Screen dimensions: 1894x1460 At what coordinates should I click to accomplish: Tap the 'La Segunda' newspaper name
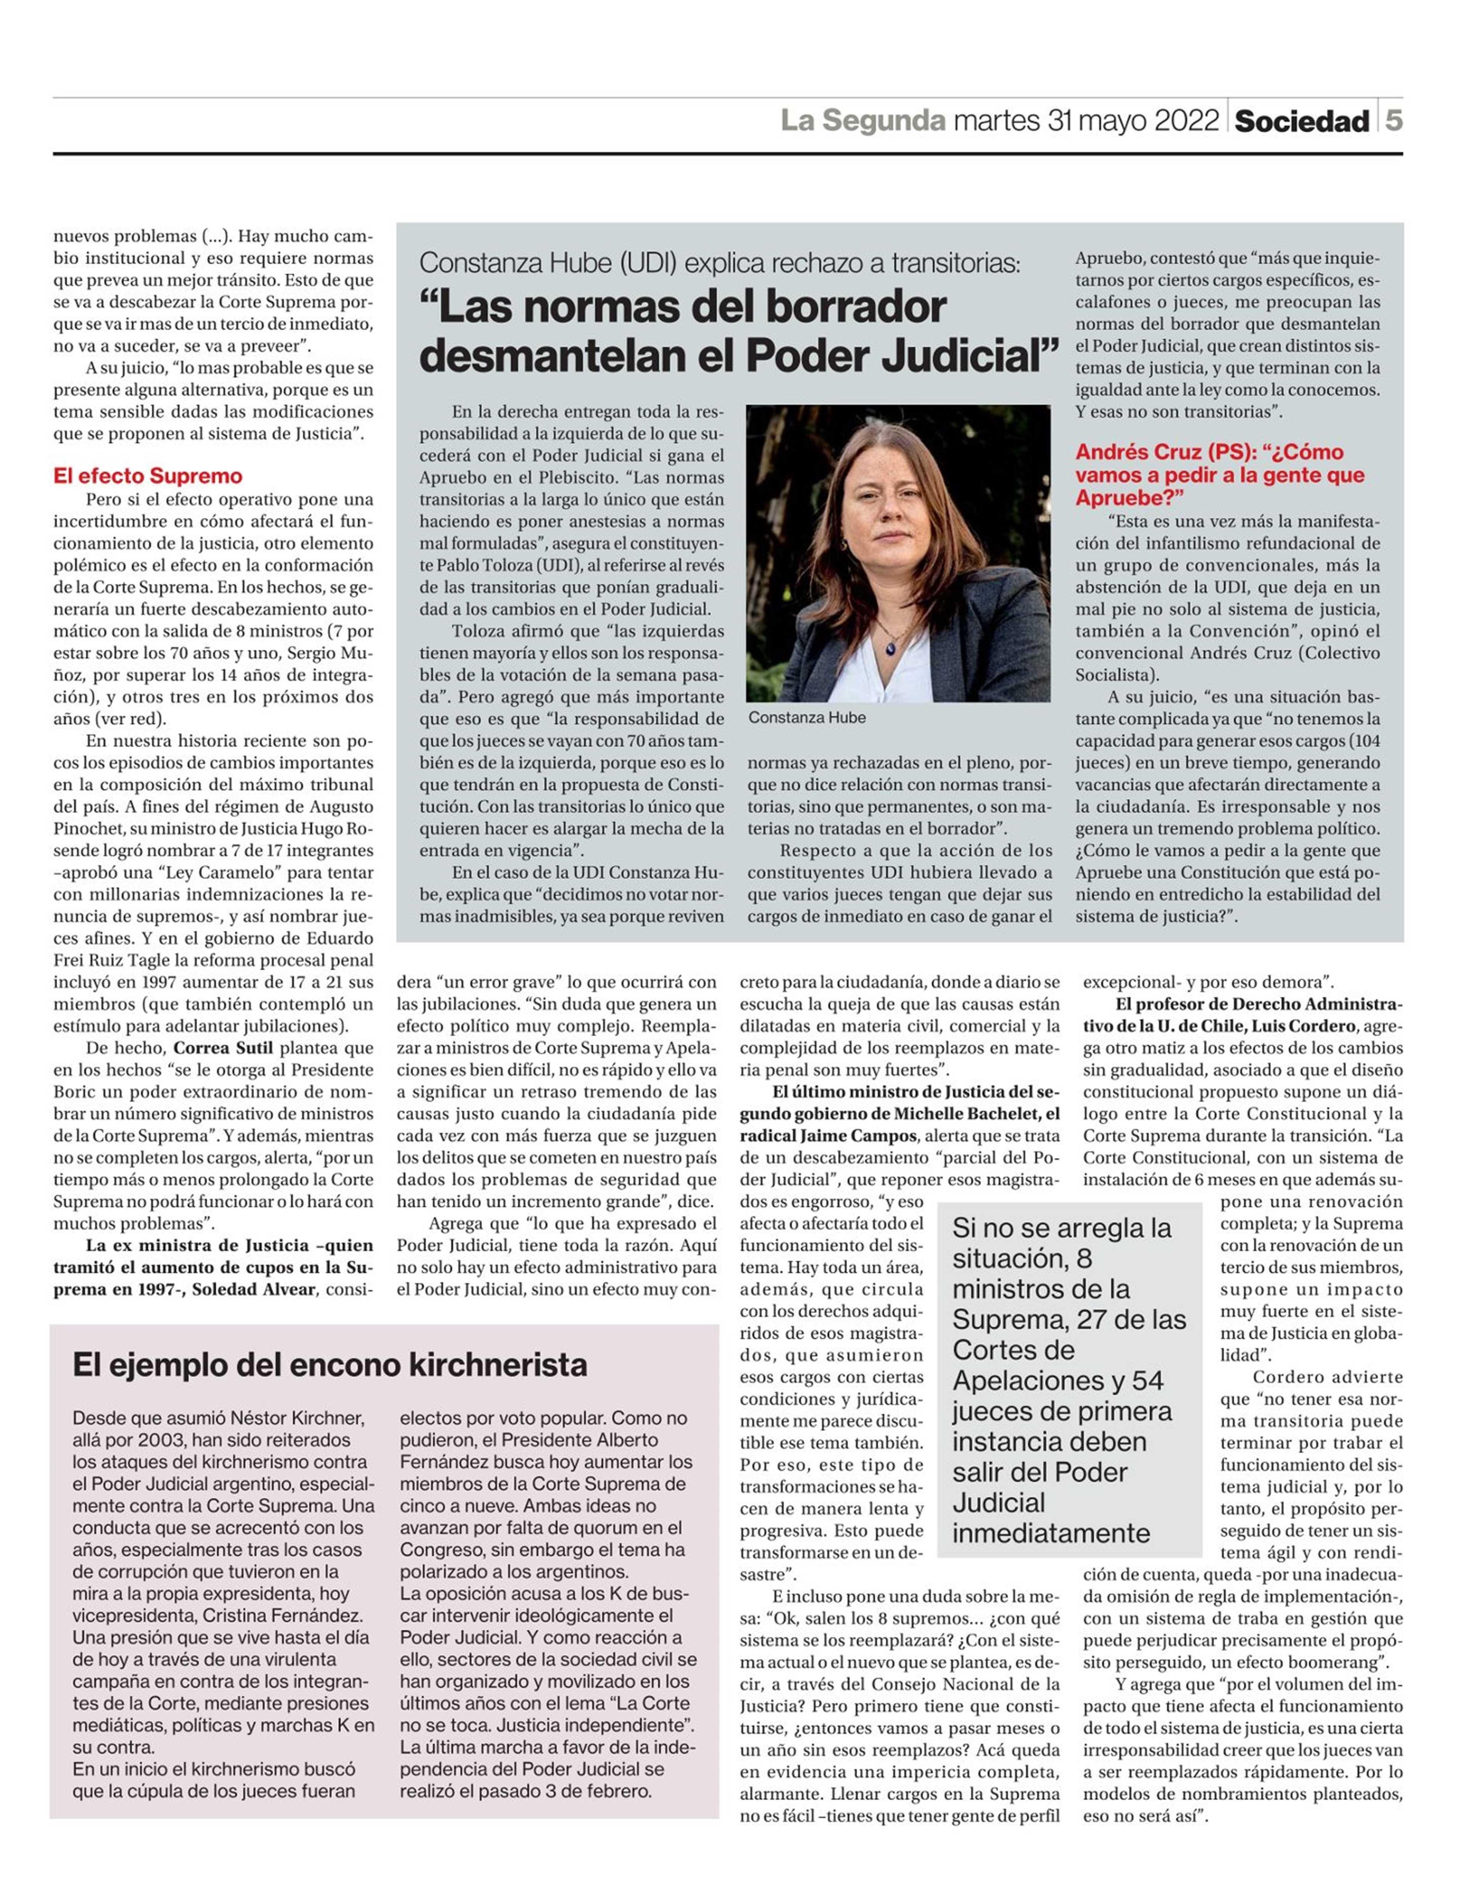863,121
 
